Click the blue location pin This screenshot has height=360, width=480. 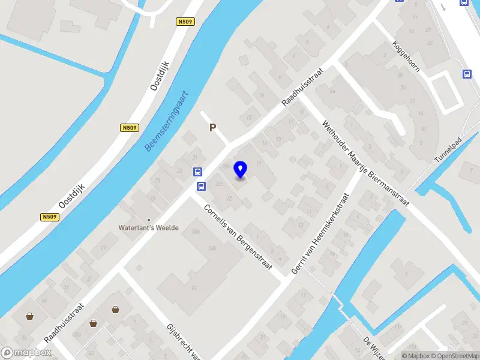click(241, 169)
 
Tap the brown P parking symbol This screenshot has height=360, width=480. click(212, 127)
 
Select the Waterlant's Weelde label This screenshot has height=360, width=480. click(149, 228)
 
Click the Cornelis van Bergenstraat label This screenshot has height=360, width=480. click(238, 238)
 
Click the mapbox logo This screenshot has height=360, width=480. click(26, 353)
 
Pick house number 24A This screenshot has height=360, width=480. click(195, 231)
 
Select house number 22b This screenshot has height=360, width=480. click(219, 184)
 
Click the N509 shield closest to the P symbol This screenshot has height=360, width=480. click(129, 127)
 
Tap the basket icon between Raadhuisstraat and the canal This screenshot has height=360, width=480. click(29, 316)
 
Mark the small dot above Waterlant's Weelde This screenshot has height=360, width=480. click(149, 220)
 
